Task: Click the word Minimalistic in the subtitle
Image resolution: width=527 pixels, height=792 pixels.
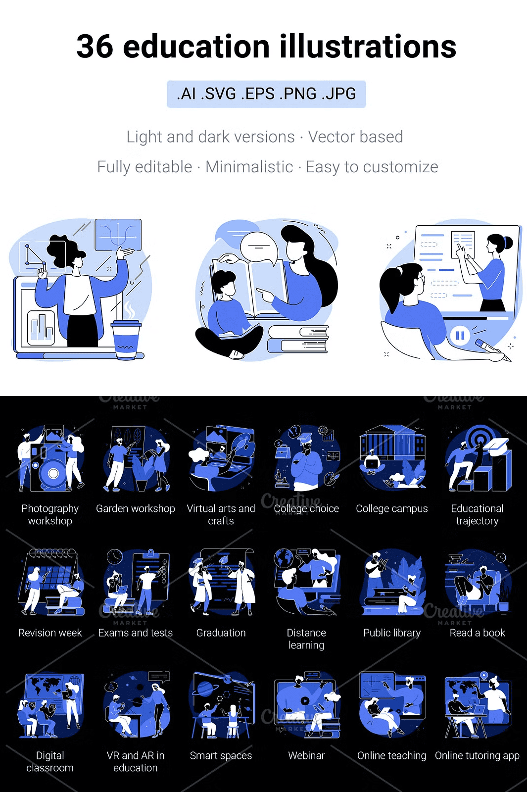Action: (x=249, y=167)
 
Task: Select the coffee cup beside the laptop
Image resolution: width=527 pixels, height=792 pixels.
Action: (x=126, y=339)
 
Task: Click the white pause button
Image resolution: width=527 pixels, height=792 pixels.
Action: (x=460, y=335)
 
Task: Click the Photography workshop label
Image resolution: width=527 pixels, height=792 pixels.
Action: (x=50, y=514)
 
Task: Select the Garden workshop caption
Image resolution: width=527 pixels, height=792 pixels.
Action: (x=136, y=508)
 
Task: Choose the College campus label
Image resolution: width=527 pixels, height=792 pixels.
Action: (x=391, y=508)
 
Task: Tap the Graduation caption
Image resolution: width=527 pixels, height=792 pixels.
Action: (x=221, y=633)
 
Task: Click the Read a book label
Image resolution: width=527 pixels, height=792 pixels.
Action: (x=477, y=633)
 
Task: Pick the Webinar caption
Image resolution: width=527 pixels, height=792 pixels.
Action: (x=306, y=755)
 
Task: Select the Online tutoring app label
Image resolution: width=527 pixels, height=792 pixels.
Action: (x=477, y=755)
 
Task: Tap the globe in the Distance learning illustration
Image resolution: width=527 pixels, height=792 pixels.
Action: (x=284, y=558)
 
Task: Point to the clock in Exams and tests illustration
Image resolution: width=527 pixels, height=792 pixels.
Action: (x=114, y=557)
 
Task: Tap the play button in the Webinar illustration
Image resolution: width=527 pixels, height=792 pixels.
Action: (x=305, y=700)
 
